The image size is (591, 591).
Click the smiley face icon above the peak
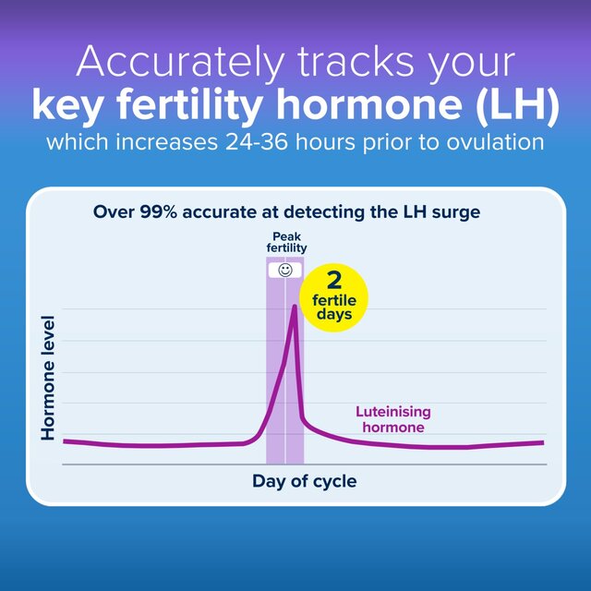(285, 271)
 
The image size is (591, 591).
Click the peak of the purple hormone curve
(294, 306)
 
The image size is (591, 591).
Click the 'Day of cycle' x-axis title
(304, 481)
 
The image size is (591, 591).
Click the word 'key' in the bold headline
(65, 106)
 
